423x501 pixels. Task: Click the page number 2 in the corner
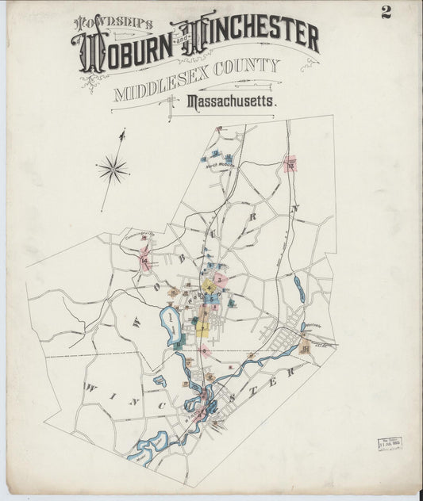pyautogui.click(x=386, y=11)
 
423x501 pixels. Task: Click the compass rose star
pyautogui.click(x=113, y=167)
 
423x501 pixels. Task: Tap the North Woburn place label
pyautogui.click(x=221, y=166)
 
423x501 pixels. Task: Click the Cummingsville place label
pyautogui.click(x=138, y=235)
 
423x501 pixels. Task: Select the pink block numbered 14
pyautogui.click(x=145, y=259)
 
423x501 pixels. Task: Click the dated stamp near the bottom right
pyautogui.click(x=390, y=442)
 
